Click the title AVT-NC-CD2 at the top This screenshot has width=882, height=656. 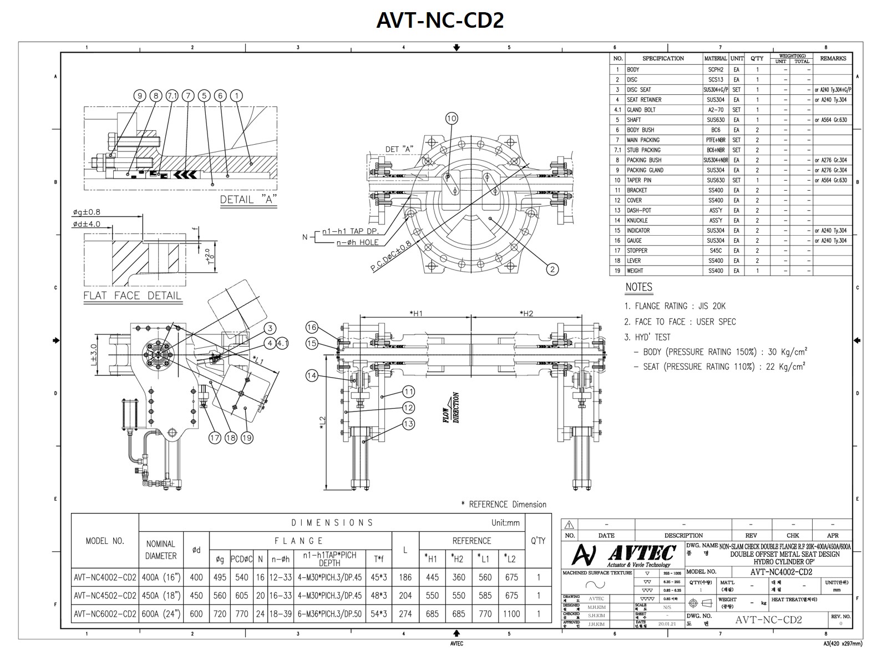pos(440,21)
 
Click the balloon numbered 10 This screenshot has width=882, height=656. pos(451,118)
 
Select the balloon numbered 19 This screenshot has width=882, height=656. pos(247,438)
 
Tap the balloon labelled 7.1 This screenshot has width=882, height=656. pos(172,96)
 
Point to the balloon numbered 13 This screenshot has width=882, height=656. pos(408,424)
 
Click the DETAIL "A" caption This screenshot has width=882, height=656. pos(249,200)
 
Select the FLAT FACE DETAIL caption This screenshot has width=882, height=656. pos(133,296)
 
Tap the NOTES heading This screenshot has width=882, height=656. pos(638,287)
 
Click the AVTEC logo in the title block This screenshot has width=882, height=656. pos(624,554)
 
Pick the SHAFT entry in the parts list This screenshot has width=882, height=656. pos(634,120)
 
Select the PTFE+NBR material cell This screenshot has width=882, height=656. pos(715,140)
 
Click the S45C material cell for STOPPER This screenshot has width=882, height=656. pos(715,251)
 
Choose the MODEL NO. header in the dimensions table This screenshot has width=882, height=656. pos(105,541)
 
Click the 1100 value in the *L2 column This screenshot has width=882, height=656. pos(511,614)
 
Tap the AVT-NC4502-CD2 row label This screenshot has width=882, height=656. pos(105,596)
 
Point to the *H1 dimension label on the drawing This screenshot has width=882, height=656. pos(416,314)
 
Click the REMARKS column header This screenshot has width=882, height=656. pos(833,58)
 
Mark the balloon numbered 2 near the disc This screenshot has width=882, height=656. pos(552,269)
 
